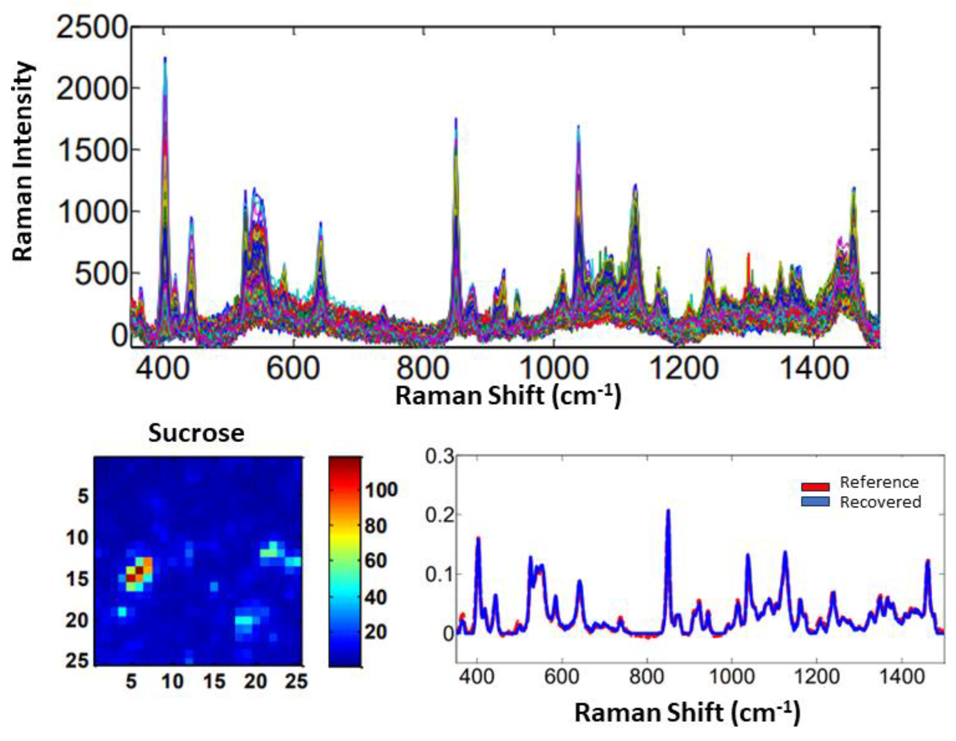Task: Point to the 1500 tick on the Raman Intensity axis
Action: [x=91, y=150]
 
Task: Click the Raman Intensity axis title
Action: [x=23, y=161]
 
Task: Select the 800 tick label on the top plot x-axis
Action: [x=423, y=368]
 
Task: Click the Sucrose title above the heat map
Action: [x=196, y=433]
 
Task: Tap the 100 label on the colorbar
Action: [x=381, y=490]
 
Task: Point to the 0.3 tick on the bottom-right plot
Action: [x=440, y=457]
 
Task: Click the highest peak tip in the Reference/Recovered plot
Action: [x=668, y=510]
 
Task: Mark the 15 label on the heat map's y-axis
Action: [x=77, y=579]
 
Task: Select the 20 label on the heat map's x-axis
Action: [x=255, y=681]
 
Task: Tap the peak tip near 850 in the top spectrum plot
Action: [x=456, y=119]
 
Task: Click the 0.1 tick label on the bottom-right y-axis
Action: [x=440, y=574]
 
